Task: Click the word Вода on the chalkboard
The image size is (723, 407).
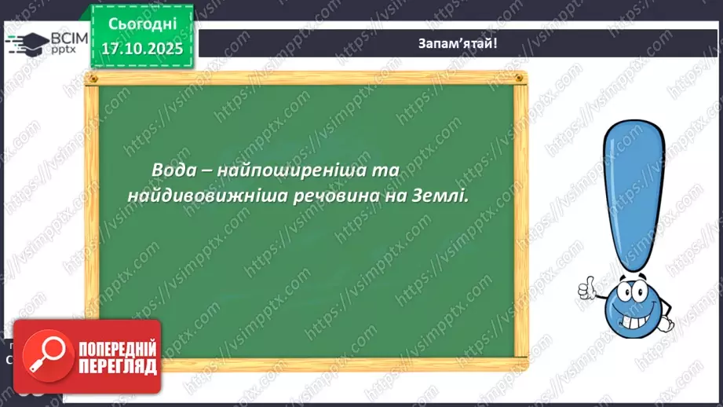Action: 175,170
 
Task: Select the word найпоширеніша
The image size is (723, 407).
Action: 294,170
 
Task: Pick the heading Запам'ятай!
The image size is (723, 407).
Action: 458,43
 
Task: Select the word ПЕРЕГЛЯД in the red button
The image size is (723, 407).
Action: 115,366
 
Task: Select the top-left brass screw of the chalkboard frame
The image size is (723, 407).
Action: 92,79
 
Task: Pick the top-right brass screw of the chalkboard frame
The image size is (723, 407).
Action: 517,79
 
